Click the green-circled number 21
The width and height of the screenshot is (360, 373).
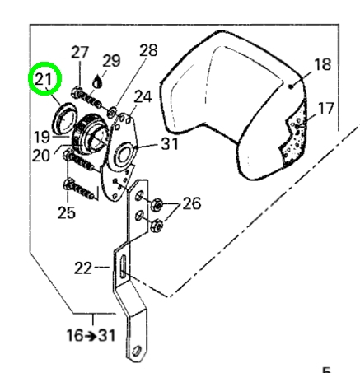tap(43, 79)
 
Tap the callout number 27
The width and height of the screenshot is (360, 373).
tap(80, 52)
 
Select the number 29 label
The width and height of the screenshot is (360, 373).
tap(111, 61)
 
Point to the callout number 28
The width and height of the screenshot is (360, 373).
tap(148, 50)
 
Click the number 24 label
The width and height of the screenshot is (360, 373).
tap(143, 96)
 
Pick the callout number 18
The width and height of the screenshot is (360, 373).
tap(322, 64)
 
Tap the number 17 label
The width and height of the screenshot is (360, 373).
tap(326, 108)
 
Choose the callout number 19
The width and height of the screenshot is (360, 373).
tap(42, 137)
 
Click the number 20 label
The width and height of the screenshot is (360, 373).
tap(41, 156)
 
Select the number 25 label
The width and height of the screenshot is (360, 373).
tap(66, 212)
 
